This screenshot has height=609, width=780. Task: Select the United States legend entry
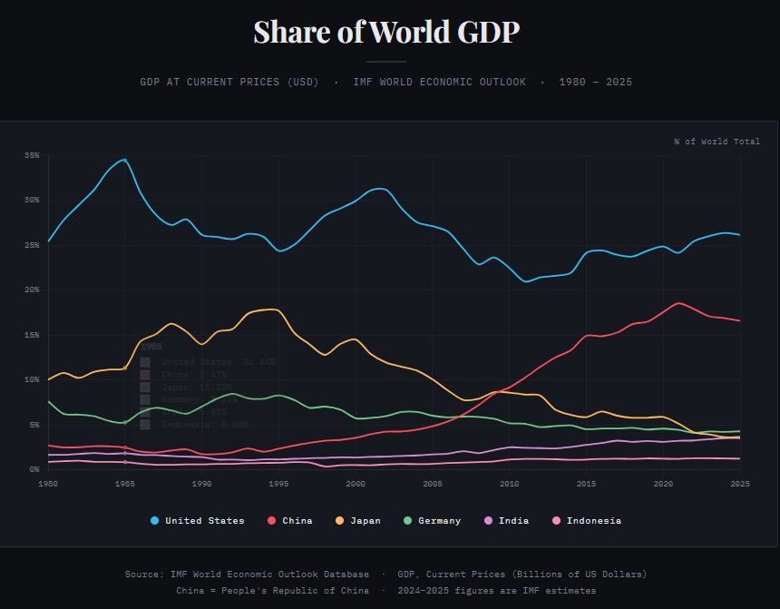[198, 521]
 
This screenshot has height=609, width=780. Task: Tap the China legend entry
[290, 521]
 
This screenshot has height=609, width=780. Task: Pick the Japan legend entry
[359, 521]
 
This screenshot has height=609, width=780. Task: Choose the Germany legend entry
[433, 521]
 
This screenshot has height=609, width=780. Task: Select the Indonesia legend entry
[587, 521]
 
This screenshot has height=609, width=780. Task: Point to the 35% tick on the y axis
[33, 156]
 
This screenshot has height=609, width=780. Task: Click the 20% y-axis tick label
[33, 290]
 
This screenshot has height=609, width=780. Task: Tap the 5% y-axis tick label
[34, 425]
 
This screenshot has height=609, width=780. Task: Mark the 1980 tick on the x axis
[48, 484]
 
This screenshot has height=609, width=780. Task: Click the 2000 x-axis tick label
[356, 484]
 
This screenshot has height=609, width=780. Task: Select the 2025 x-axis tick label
[740, 484]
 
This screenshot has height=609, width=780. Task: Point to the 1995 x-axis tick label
[278, 484]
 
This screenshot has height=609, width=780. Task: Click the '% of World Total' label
[717, 142]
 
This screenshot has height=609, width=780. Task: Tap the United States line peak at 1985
[125, 159]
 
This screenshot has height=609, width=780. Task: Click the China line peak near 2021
[678, 303]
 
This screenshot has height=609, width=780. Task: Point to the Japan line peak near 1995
[273, 309]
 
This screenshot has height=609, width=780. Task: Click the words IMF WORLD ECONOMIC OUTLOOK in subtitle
[440, 83]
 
